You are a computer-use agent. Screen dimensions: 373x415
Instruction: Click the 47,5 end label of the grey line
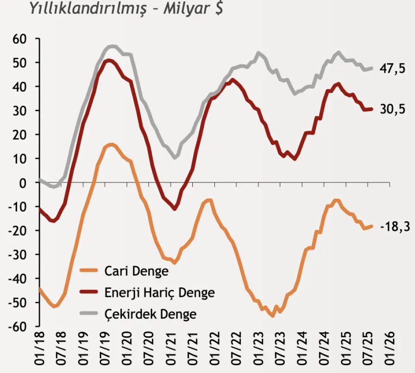point(393,68)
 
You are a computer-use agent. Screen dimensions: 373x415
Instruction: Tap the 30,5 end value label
point(393,110)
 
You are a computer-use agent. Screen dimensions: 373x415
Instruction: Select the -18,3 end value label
point(395,226)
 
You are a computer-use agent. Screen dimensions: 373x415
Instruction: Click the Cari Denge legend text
point(136,271)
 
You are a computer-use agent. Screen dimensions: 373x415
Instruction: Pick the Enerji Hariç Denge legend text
point(160,293)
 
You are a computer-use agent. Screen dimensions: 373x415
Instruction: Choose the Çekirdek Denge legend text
point(150,314)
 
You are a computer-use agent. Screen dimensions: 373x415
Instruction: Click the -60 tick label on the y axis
point(18,327)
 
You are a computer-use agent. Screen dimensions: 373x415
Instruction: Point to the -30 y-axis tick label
point(18,255)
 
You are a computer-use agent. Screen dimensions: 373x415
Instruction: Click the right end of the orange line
point(371,226)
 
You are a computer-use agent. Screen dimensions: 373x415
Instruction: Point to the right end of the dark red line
point(371,109)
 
